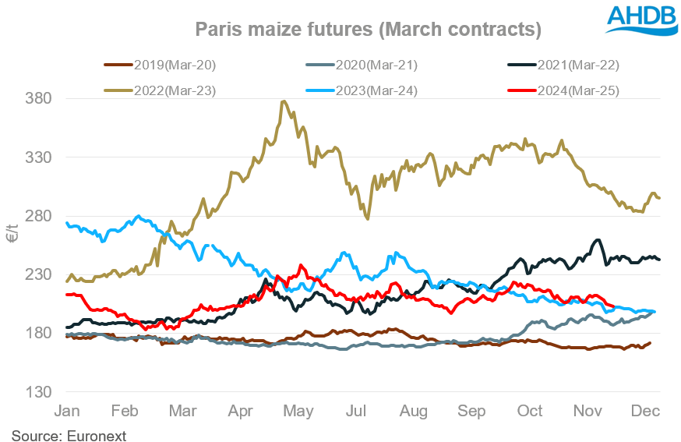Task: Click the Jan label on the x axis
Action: (67, 411)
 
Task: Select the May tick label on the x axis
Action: (299, 411)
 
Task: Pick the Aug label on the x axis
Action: (414, 411)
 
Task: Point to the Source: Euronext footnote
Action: (69, 433)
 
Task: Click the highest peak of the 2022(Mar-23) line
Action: (284, 101)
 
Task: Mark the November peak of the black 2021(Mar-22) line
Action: (597, 240)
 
